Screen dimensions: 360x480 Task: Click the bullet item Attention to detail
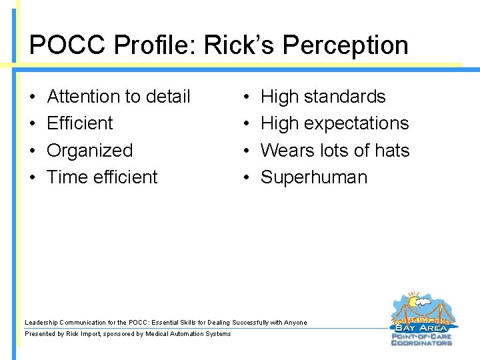coord(119,97)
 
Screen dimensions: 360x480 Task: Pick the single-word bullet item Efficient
coord(80,123)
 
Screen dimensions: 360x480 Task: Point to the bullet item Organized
coord(90,151)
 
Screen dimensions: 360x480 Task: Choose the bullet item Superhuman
coord(314,177)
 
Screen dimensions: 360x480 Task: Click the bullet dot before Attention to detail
coord(33,97)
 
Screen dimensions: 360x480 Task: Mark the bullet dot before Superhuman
coord(246,178)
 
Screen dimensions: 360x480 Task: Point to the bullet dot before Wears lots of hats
coord(246,151)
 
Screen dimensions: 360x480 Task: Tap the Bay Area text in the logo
coord(423,327)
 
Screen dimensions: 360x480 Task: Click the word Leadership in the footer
coord(41,323)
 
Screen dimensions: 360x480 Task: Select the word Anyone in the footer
coord(296,323)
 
